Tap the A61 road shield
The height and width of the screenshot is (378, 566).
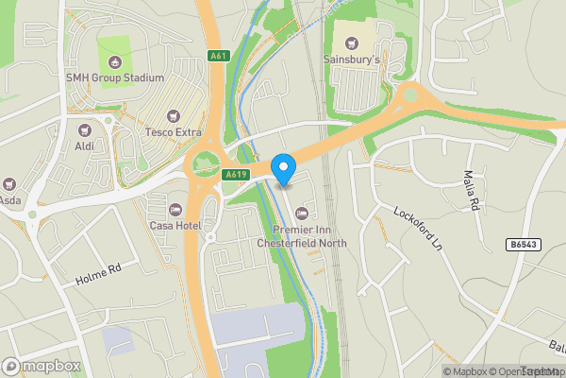[x=218, y=57]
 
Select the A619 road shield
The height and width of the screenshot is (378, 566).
[x=236, y=175]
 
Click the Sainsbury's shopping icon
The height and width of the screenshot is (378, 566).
[x=353, y=43]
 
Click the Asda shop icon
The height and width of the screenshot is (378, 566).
[x=9, y=183]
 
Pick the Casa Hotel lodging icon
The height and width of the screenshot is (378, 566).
[x=174, y=209]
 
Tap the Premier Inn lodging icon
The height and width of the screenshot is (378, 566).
[x=302, y=213]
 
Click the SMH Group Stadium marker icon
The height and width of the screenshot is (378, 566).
[x=115, y=61]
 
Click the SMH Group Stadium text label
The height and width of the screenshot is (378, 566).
[x=115, y=77]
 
